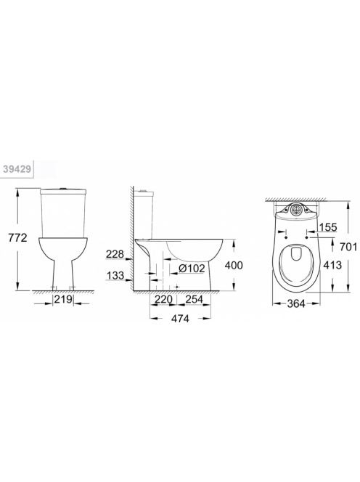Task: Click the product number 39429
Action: coord(17,168)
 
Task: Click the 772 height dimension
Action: coord(17,237)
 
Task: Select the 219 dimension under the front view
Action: coord(64,299)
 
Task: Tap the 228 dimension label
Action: coord(115,254)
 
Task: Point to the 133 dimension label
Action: coord(115,275)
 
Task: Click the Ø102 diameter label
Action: coord(192,268)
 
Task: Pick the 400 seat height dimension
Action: coord(234,265)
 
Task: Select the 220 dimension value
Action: coord(163,299)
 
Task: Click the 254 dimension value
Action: coord(194,299)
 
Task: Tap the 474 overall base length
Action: coord(181,319)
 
